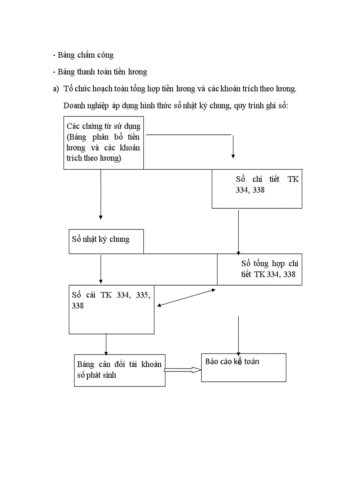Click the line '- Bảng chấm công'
point(83,55)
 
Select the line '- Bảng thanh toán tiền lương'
point(100,71)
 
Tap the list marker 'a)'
point(56,89)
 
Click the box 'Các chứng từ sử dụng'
point(104,142)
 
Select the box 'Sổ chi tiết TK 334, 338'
point(257,189)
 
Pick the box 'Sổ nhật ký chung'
point(106,241)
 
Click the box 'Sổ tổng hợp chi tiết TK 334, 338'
point(259,269)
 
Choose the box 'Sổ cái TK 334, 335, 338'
point(112,309)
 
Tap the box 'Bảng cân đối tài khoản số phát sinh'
point(120,370)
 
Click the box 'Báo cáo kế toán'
point(244,367)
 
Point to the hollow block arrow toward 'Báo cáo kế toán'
point(183,370)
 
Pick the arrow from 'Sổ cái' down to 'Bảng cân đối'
point(106,344)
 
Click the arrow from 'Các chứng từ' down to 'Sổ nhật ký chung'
point(101,194)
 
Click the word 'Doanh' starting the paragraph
point(75,106)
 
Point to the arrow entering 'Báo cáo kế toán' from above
point(238,335)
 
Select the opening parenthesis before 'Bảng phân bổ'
point(66,137)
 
